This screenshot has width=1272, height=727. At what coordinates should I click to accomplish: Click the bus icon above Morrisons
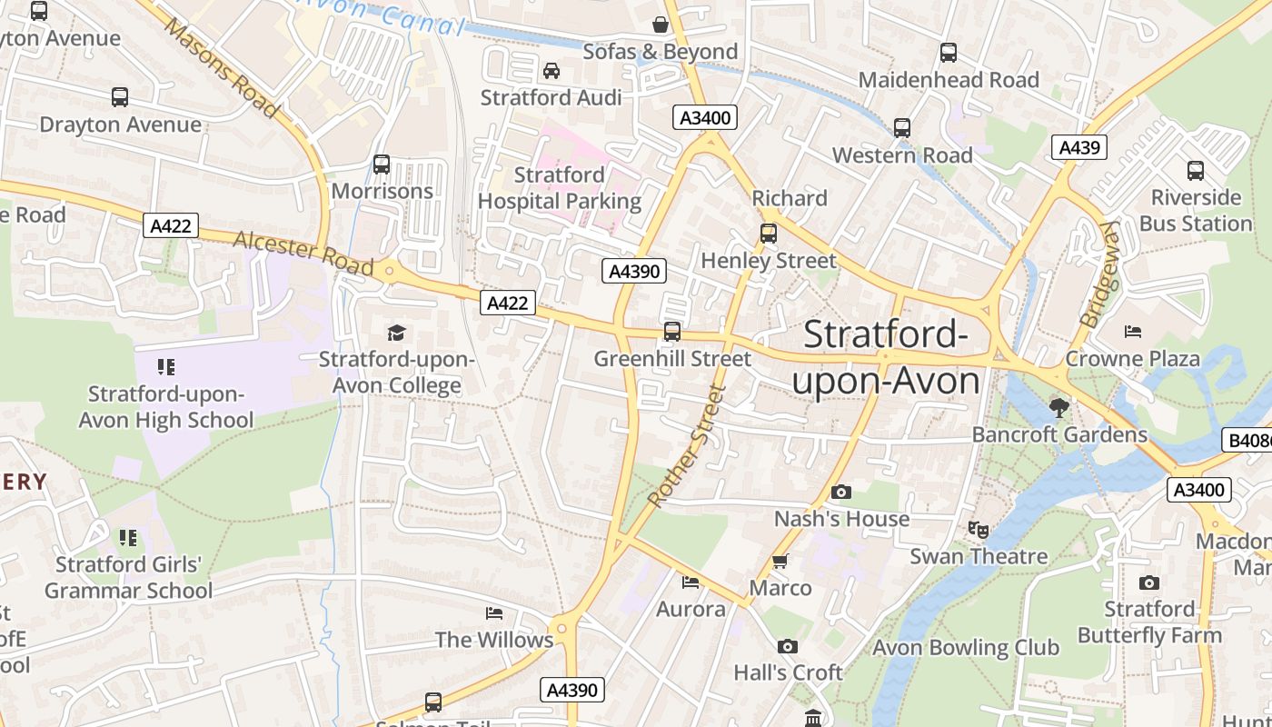tap(382, 164)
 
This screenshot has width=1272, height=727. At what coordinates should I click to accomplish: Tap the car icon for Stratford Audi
tap(552, 71)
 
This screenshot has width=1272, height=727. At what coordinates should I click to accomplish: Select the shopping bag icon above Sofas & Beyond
tap(661, 25)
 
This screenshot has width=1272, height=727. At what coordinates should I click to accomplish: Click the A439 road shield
tap(1079, 147)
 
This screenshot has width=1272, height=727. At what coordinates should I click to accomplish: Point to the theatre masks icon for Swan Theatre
tap(978, 529)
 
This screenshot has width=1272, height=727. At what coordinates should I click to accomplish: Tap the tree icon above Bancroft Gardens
tap(1058, 406)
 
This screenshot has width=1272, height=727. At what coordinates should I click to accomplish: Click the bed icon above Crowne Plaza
tap(1132, 332)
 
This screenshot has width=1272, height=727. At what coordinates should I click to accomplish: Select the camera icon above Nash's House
tap(841, 493)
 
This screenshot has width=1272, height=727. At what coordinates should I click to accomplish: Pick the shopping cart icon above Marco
tap(780, 561)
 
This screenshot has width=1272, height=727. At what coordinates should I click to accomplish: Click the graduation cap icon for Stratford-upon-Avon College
tap(396, 333)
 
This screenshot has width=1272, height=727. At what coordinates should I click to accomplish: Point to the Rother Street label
tap(688, 446)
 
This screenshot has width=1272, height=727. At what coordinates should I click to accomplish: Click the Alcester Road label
tap(303, 253)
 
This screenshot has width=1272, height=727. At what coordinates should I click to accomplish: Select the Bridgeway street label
tap(1097, 274)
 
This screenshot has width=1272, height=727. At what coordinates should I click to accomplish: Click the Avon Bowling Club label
tap(966, 648)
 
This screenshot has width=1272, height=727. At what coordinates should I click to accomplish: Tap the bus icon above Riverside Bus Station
tap(1196, 170)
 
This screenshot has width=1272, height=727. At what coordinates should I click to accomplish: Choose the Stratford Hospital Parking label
tap(560, 188)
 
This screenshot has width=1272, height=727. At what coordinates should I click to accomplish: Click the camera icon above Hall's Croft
tap(788, 646)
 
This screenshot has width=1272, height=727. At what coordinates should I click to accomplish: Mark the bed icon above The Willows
tap(494, 613)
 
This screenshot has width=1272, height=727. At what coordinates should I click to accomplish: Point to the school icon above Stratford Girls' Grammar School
tap(128, 538)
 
